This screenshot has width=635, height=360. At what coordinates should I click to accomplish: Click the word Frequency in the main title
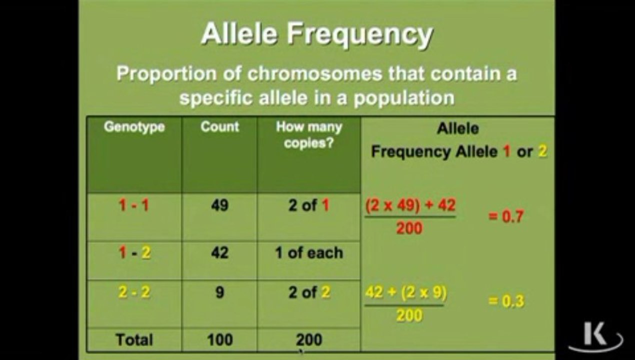360,35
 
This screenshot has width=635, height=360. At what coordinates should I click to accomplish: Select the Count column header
219,126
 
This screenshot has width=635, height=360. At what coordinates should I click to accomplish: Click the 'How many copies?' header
309,135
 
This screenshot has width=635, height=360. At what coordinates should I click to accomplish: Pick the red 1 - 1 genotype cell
134,205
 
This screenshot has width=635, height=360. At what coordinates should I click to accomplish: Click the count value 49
219,205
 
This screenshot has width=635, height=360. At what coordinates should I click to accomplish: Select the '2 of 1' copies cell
309,205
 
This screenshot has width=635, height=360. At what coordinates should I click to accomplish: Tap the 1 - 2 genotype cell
134,252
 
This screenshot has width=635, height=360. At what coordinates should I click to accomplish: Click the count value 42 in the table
219,252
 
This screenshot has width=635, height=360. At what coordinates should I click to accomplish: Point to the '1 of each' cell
309,252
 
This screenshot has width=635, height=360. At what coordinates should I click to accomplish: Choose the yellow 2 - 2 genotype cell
134,292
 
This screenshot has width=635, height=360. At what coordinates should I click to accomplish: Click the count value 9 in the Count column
219,292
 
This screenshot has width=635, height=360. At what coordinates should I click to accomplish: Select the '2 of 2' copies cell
309,292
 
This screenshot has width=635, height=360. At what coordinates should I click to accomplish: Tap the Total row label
134,339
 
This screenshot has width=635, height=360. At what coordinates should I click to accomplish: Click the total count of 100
219,339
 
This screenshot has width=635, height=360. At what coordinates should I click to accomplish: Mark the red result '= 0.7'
505,216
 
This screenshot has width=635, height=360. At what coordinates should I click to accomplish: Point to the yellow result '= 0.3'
506,301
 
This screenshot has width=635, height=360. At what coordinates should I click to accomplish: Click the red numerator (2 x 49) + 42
410,205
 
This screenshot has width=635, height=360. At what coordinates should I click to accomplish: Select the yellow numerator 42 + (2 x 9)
405,292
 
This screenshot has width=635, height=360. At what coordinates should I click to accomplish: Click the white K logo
596,337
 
